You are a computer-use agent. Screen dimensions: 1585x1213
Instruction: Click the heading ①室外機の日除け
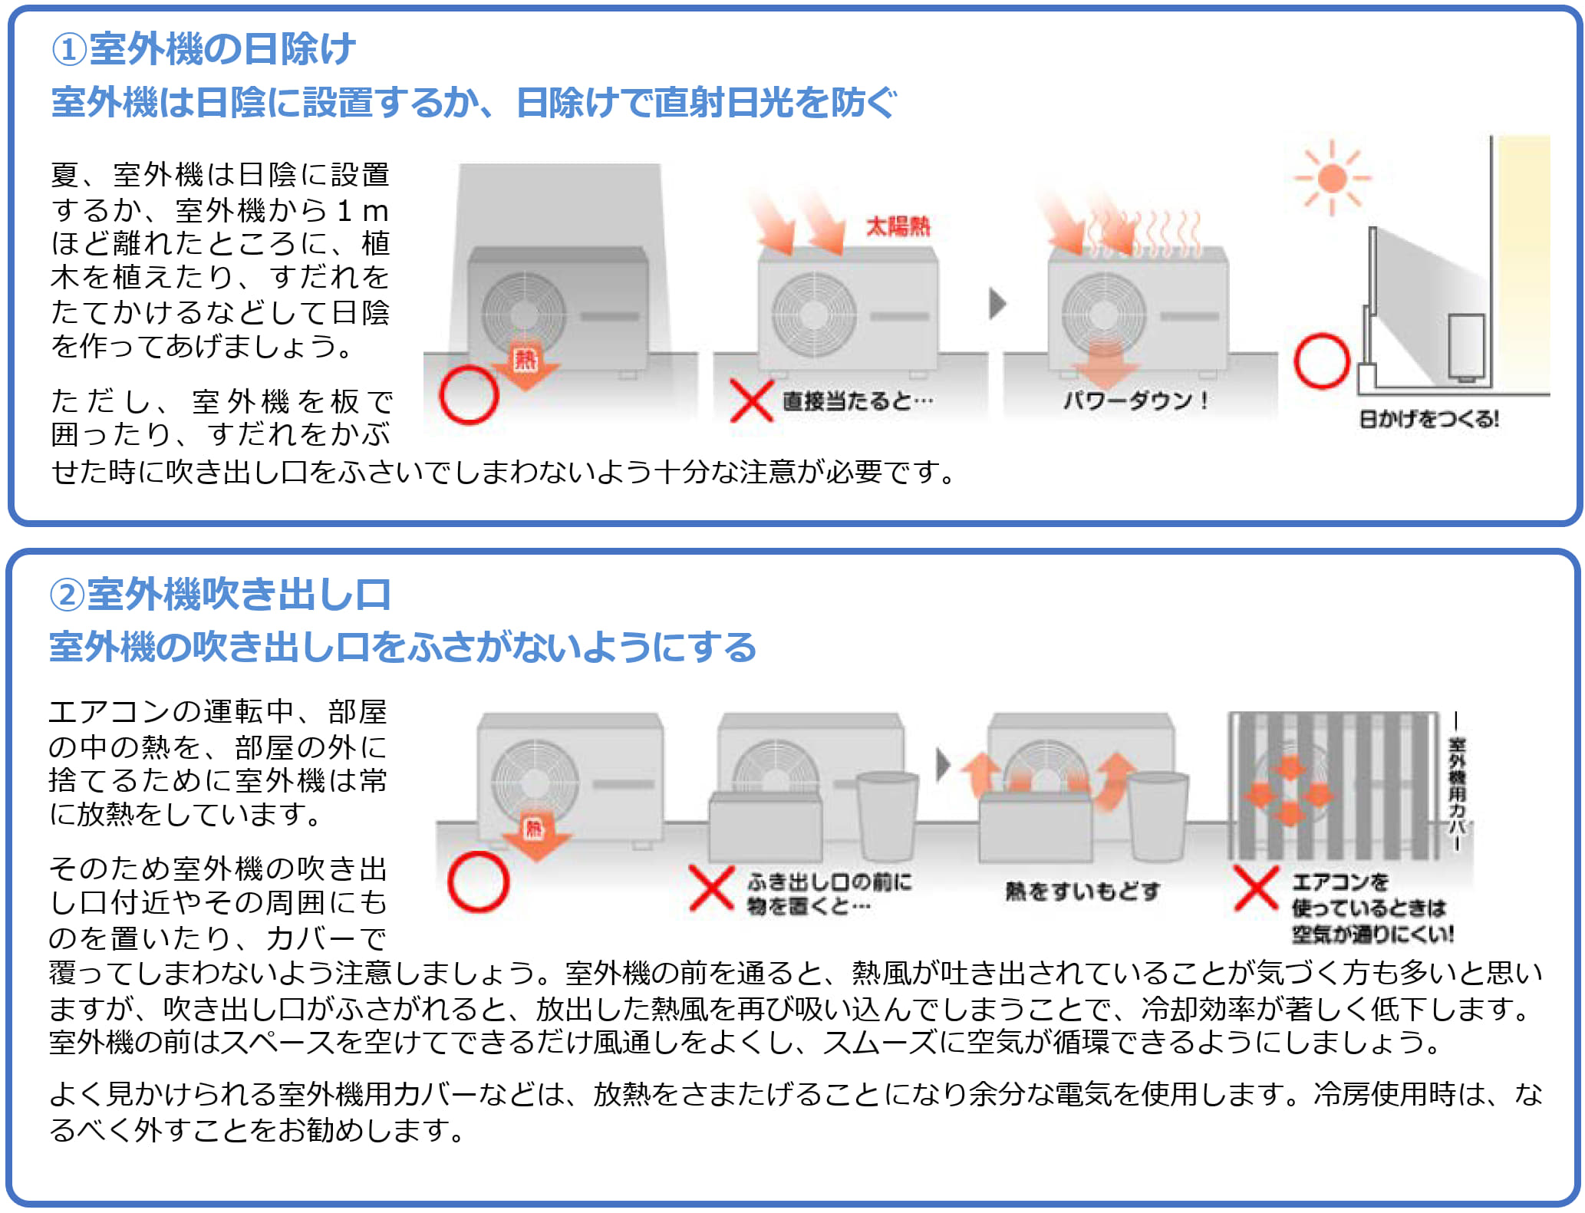pyautogui.click(x=203, y=50)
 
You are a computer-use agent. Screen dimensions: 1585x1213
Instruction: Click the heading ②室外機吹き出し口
pyautogui.click(x=220, y=595)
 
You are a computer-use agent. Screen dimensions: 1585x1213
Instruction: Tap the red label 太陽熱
pyautogui.click(x=898, y=226)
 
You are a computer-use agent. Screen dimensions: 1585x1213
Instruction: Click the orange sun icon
pyautogui.click(x=1332, y=178)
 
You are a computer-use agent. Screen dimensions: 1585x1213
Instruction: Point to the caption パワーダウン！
pyautogui.click(x=1135, y=400)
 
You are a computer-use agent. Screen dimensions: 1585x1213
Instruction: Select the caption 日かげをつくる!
pyautogui.click(x=1428, y=419)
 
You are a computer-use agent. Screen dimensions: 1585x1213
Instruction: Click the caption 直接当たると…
pyautogui.click(x=858, y=400)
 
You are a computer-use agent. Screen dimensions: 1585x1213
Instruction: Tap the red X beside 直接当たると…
pyautogui.click(x=751, y=400)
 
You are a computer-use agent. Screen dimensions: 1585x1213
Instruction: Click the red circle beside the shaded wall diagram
pyautogui.click(x=1322, y=361)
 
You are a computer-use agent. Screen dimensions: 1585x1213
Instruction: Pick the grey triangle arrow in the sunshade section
pyautogui.click(x=997, y=304)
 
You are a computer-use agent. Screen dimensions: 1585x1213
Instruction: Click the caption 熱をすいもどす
pyautogui.click(x=1082, y=891)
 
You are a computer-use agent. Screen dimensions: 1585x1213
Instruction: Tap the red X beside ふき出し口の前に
pyautogui.click(x=711, y=888)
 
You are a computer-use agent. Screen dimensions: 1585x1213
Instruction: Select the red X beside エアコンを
pyautogui.click(x=1256, y=888)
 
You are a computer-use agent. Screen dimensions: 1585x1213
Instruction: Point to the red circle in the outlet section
pyautogui.click(x=478, y=882)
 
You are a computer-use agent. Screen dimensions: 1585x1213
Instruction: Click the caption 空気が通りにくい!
pyautogui.click(x=1372, y=934)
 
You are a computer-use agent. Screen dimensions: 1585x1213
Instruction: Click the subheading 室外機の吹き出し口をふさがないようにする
pyautogui.click(x=403, y=647)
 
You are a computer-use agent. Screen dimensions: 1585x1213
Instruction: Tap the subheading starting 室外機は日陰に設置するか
pyautogui.click(x=473, y=103)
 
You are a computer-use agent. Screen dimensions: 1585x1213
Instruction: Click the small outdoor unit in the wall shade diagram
pyautogui.click(x=1466, y=347)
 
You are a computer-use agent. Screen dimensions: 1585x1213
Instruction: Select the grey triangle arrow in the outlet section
pyautogui.click(x=944, y=764)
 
